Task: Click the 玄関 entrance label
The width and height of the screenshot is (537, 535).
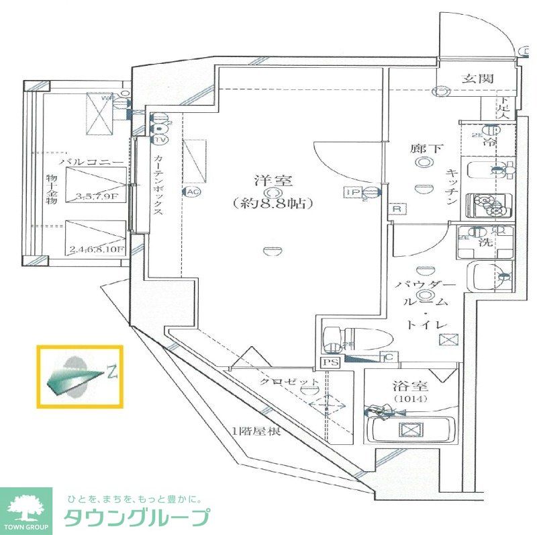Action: [x=477, y=79]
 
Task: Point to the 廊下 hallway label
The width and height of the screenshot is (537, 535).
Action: [x=426, y=149]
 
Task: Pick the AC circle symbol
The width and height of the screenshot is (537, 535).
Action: [x=193, y=192]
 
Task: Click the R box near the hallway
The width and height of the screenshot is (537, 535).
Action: [x=397, y=209]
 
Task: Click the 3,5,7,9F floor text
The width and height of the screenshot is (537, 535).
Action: [x=98, y=197]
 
